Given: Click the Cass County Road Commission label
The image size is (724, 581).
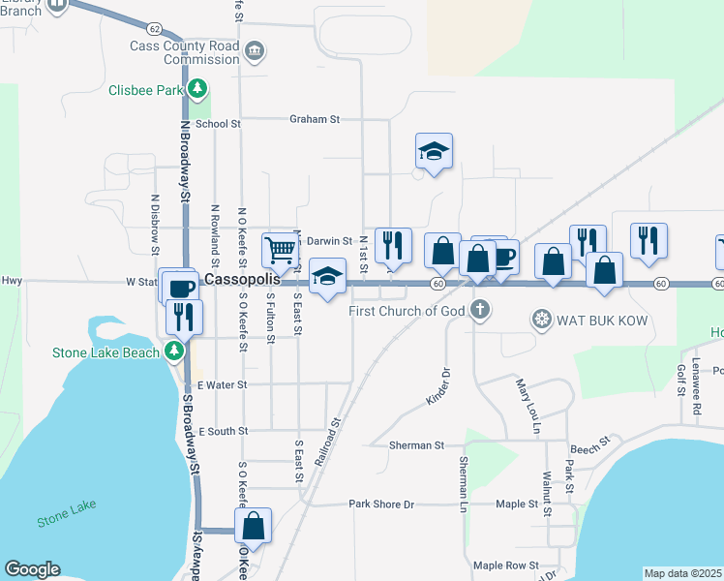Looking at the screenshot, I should [184, 52].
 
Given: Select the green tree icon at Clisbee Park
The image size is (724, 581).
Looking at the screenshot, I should [197, 90].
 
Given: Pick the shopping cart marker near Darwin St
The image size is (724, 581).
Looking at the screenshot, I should [280, 250].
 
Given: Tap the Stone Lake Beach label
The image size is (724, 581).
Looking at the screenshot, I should [106, 352].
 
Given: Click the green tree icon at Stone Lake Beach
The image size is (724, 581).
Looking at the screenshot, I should [174, 351].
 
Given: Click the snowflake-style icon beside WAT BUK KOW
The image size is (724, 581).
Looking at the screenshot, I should [542, 318].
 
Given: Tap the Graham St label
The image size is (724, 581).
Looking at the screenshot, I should [315, 119].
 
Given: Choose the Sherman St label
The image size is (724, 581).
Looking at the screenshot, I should [416, 445].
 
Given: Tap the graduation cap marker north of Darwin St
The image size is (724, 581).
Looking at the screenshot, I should [435, 151].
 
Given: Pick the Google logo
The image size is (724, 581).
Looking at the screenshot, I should [32, 569].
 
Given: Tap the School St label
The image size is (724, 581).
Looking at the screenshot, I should [218, 124].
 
